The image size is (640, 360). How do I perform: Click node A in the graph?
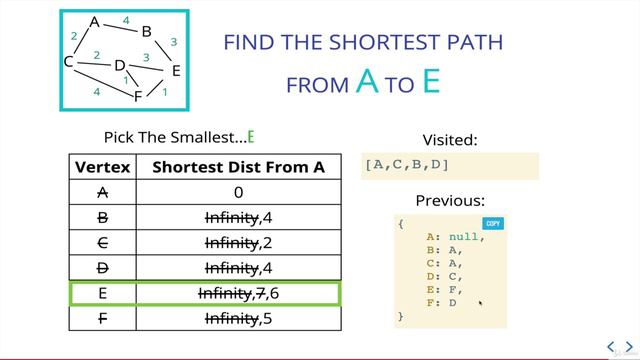pos(95,22)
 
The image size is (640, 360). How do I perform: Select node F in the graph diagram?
pos(138,97)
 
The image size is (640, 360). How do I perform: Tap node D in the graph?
pos(119,66)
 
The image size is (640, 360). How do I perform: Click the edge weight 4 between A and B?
pos(125,20)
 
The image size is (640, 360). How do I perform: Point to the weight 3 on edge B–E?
pos(173,42)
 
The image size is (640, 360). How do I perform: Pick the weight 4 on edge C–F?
pos(96,91)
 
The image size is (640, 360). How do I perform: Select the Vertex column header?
pos(103,167)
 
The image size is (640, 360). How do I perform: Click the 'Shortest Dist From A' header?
pos(238,167)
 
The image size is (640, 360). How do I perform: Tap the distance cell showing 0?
pos(238,192)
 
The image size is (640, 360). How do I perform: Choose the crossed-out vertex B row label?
pos(103,217)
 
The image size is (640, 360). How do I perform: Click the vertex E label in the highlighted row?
pos(103,293)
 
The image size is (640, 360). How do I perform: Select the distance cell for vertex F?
pos(238,319)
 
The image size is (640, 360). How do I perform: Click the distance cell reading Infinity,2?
pos(238,242)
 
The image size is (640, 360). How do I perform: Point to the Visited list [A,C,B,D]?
pos(408,165)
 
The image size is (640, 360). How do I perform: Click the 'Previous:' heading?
pos(450,200)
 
